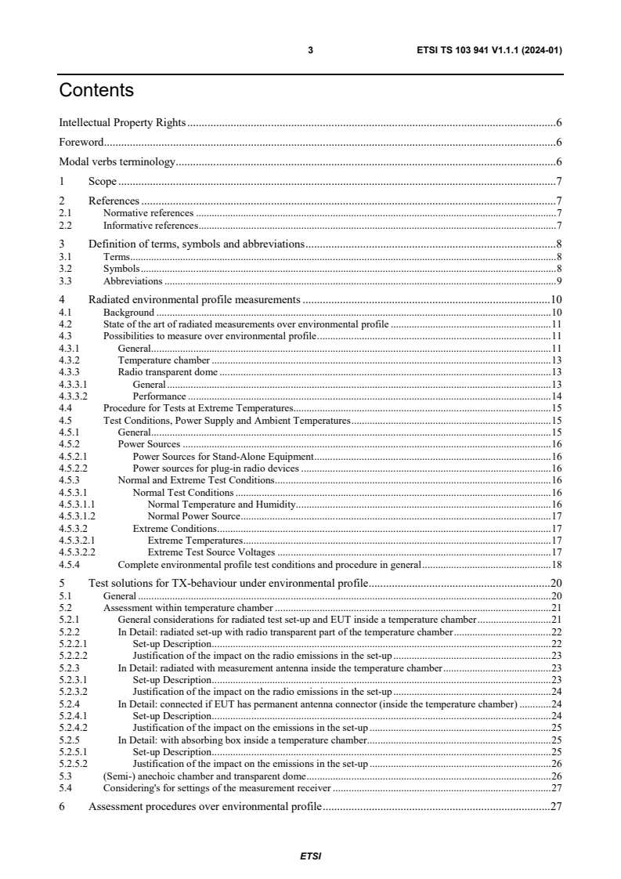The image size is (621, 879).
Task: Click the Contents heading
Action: pyautogui.click(x=96, y=91)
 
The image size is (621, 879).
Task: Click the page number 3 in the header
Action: pyautogui.click(x=310, y=49)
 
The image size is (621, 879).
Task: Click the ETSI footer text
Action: pyautogui.click(x=310, y=855)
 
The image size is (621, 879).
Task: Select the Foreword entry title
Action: pyautogui.click(x=81, y=143)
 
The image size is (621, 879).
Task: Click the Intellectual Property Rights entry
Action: pyautogui.click(x=122, y=123)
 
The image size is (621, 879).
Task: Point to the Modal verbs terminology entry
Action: pyautogui.click(x=117, y=162)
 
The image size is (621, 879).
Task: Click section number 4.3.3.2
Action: pyautogui.click(x=73, y=396)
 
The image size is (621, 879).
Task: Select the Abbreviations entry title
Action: pyautogui.click(x=133, y=280)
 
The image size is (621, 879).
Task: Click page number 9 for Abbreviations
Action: pyautogui.click(x=559, y=280)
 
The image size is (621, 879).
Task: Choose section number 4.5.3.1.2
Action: pyautogui.click(x=76, y=515)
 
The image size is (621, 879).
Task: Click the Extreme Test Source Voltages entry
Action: pyautogui.click(x=211, y=552)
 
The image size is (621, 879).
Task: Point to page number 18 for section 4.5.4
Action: pyautogui.click(x=557, y=563)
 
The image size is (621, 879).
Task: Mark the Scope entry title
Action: pyautogui.click(x=103, y=182)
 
